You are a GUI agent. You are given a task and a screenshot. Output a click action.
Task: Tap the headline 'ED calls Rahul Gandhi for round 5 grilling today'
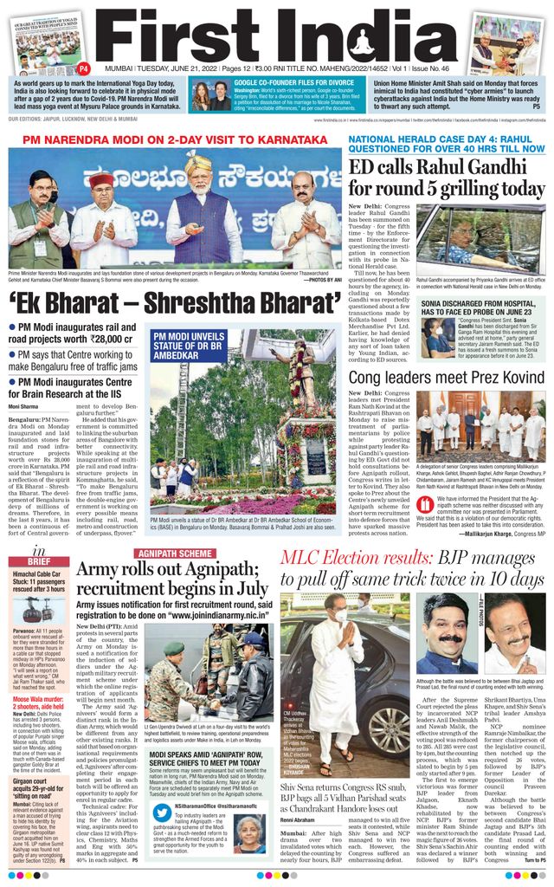click(x=446, y=177)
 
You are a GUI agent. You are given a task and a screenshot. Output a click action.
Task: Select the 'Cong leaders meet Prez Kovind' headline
click(x=446, y=378)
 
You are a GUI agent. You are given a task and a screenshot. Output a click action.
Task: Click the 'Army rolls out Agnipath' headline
click(x=172, y=579)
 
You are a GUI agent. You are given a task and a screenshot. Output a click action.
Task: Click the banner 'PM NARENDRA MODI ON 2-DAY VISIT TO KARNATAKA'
click(x=174, y=139)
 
